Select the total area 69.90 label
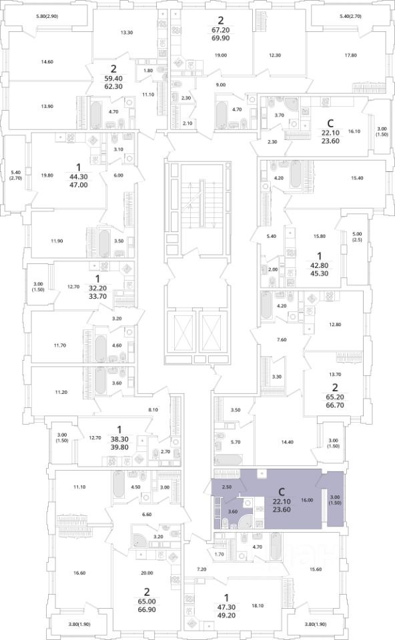221,39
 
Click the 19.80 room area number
47,176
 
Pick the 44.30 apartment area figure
79,177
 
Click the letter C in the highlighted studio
280,491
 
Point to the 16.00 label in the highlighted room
307,500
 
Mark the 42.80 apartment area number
319,265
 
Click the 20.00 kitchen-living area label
147,573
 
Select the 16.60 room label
79,573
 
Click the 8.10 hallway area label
153,409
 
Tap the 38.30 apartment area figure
119,439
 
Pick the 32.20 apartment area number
97,288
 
